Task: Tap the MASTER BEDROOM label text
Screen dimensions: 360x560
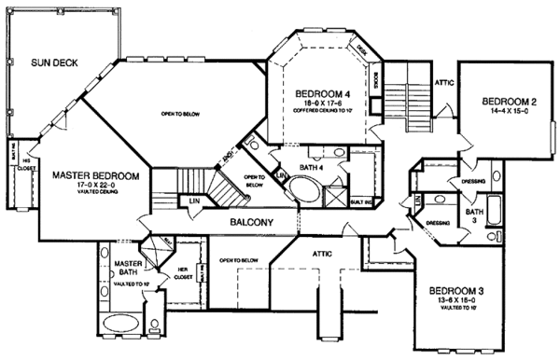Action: (x=96, y=174)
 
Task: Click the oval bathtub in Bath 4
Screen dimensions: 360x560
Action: (x=304, y=187)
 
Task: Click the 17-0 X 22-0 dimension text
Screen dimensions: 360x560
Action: (x=96, y=186)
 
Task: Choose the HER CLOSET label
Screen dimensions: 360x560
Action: (x=183, y=272)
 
